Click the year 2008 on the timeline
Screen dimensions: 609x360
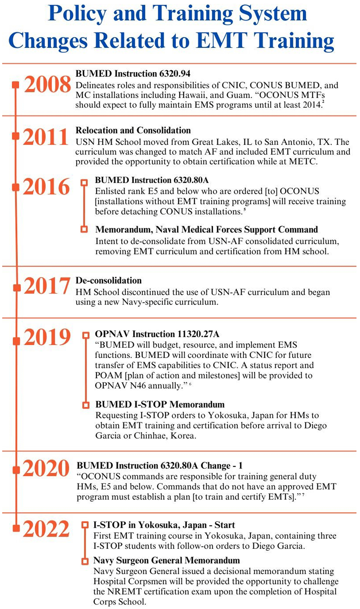pyautogui.click(x=47, y=85)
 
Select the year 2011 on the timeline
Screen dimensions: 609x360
pyautogui.click(x=46, y=137)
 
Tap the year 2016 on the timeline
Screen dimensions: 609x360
pyautogui.click(x=46, y=187)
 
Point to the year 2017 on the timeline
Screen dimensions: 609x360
pyautogui.click(x=47, y=287)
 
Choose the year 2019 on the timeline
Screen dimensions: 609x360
pyautogui.click(x=47, y=337)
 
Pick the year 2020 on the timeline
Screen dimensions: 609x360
pyautogui.click(x=46, y=469)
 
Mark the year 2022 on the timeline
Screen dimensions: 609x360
pyautogui.click(x=46, y=529)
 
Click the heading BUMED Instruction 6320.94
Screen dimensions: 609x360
pyautogui.click(x=133, y=74)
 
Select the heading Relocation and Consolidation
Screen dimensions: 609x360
pyautogui.click(x=133, y=130)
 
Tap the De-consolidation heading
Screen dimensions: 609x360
pyautogui.click(x=108, y=281)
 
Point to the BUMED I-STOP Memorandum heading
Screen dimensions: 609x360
pyautogui.click(x=160, y=405)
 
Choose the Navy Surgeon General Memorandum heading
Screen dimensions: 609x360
pyautogui.click(x=166, y=560)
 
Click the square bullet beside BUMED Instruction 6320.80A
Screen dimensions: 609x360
pyautogui.click(x=84, y=182)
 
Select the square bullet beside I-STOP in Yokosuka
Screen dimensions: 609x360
pyautogui.click(x=85, y=525)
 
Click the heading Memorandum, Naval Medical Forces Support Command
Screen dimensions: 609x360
pyautogui.click(x=206, y=230)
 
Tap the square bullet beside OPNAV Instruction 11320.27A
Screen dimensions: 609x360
pyautogui.click(x=86, y=335)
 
